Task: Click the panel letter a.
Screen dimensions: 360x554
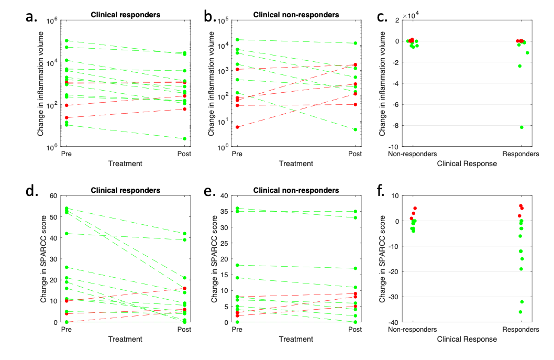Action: tap(32, 18)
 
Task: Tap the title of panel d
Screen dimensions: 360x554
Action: tap(126, 190)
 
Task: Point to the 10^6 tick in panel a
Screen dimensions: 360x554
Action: tap(53, 20)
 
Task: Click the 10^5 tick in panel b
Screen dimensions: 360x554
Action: tap(224, 20)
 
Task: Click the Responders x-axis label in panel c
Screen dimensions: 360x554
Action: tap(520, 155)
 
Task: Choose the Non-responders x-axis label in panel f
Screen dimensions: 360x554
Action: tap(413, 330)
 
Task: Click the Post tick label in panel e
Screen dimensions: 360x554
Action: tap(355, 330)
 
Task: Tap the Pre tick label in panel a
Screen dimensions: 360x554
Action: tap(67, 155)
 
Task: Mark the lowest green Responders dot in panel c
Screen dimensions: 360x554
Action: tap(522, 127)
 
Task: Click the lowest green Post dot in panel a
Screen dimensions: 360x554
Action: tap(184, 139)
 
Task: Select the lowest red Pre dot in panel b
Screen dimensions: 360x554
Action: tap(237, 127)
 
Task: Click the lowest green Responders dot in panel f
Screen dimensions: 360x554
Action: tap(520, 312)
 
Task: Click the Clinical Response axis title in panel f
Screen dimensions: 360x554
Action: tap(467, 339)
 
